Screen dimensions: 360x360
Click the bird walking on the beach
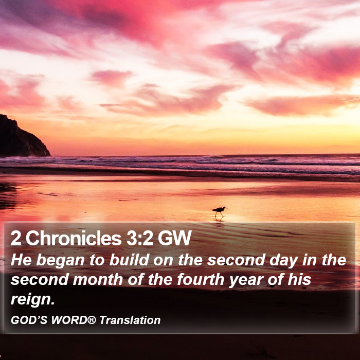coord(219,211)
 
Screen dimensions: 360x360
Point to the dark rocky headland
coord(22,138)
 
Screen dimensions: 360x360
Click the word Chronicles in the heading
coord(74,238)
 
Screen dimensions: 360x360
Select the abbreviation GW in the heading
coord(174,238)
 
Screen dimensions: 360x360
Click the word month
coord(98,280)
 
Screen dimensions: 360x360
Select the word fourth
coord(201,280)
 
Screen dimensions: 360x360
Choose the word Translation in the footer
coord(130,320)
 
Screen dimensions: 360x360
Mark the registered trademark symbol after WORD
coord(92,319)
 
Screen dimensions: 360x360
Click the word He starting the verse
coord(21,260)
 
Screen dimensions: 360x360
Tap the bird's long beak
coord(226,208)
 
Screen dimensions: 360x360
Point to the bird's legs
coord(219,214)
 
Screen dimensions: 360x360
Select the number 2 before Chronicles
coord(16,238)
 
